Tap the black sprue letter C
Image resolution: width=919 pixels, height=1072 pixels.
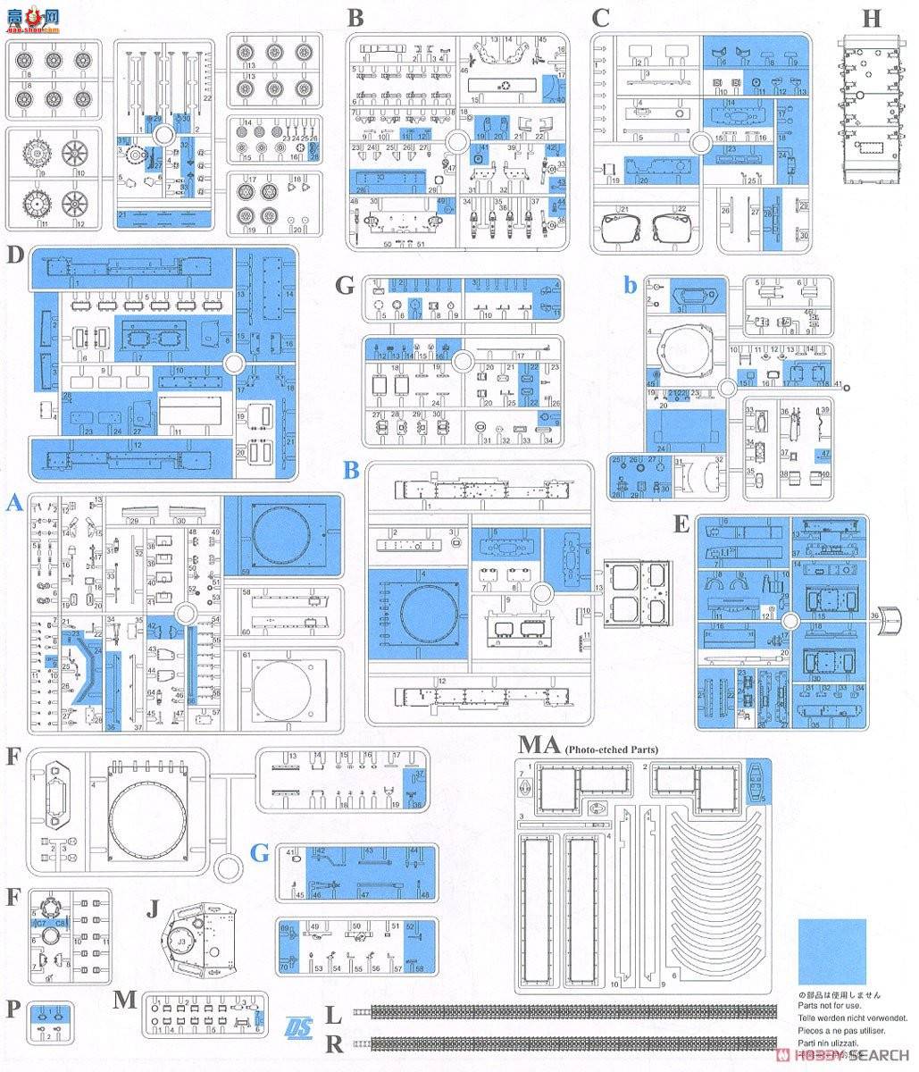600,17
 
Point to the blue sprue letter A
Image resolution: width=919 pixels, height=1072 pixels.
13,505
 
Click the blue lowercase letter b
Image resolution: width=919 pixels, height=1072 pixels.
631,285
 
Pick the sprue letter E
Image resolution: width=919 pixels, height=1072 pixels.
681,524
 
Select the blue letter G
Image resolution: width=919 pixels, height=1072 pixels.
259,853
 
